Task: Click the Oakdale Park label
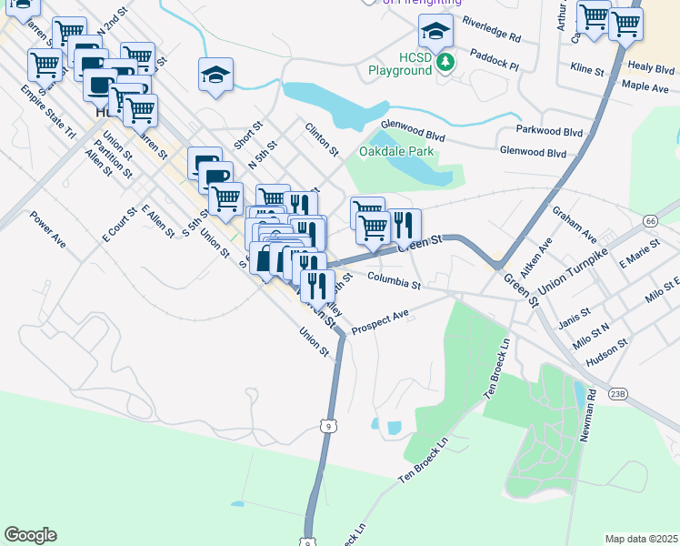pos(396,151)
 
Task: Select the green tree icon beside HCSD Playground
pos(445,62)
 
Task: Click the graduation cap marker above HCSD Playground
pos(435,32)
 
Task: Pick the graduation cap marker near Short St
pos(216,76)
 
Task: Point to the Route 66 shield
pos(649,221)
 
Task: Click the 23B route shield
pos(618,393)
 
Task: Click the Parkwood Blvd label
pos(548,131)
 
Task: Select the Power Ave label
pos(48,230)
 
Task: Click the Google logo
pos(30,535)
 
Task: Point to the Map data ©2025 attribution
pos(641,539)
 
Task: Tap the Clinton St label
pos(322,139)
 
